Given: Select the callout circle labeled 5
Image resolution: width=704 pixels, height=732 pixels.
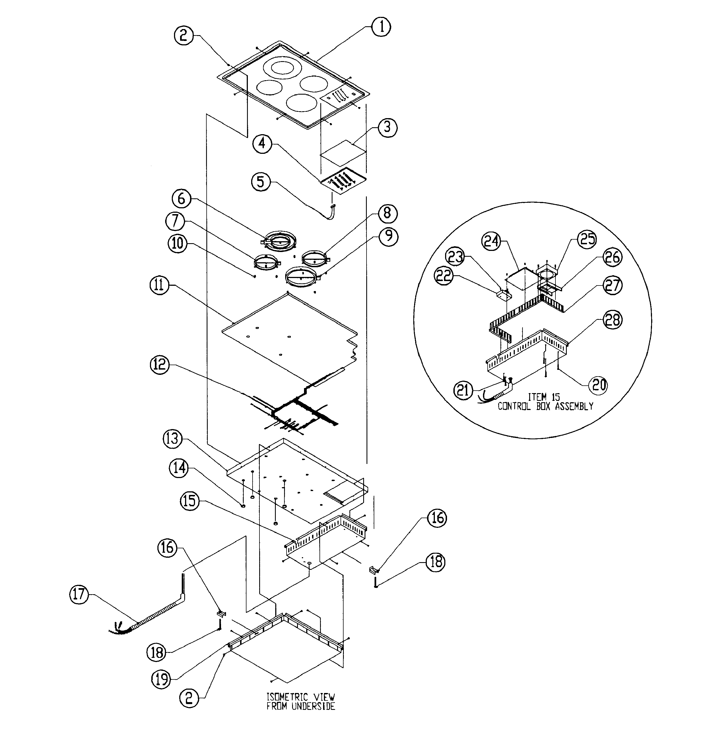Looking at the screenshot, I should click(260, 181).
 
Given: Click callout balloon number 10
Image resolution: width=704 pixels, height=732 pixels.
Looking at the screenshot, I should click(177, 243).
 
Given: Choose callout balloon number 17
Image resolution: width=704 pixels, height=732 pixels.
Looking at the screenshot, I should click(79, 595).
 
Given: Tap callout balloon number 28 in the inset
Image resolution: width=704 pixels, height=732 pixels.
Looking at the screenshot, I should click(612, 320).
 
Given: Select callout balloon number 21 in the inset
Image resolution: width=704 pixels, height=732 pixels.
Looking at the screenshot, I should click(463, 390).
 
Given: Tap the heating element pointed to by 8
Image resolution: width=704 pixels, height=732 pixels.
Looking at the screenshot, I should click(315, 258).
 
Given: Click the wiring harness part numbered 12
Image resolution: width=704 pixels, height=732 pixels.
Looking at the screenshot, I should click(299, 411).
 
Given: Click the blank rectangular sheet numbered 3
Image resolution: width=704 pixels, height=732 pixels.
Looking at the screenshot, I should click(343, 153).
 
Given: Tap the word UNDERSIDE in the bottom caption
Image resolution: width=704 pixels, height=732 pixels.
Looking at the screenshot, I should click(313, 706).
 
